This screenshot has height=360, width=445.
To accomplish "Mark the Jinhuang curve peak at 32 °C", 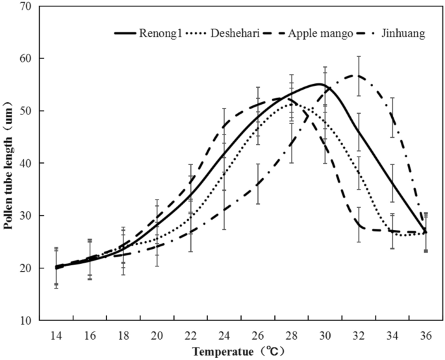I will tap(358, 75).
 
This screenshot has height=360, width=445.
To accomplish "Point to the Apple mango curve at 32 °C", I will tap(358, 225).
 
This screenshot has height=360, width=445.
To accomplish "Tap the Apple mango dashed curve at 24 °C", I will tap(224, 127).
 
